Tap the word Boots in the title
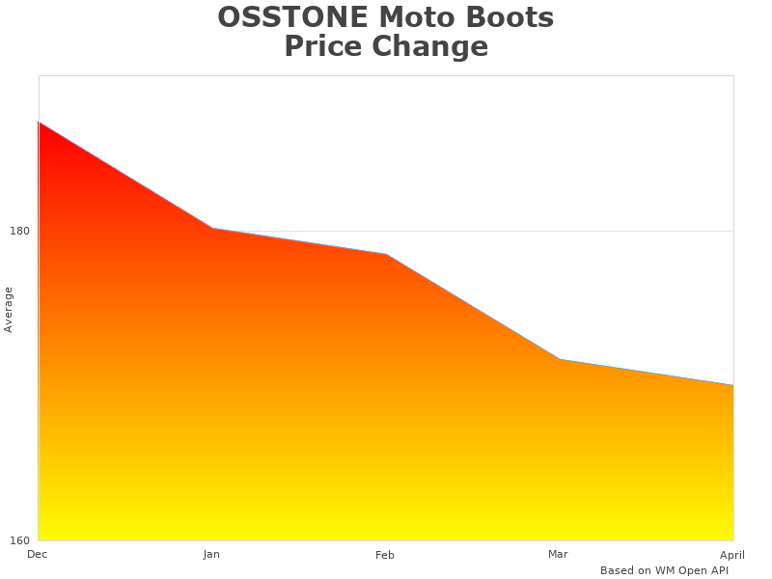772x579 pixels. click(512, 17)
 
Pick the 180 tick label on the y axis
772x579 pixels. click(20, 231)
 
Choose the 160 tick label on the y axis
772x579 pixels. click(20, 539)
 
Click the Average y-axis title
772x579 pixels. click(9, 309)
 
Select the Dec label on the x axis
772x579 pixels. click(38, 554)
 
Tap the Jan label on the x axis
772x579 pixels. click(211, 554)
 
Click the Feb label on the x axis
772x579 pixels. click(385, 555)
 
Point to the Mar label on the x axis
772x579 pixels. click(558, 554)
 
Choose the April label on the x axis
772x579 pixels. click(732, 554)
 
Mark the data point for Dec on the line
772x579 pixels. click(39, 123)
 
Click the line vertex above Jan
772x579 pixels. click(212, 229)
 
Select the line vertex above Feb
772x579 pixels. click(386, 255)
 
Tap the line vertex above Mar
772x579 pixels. click(560, 360)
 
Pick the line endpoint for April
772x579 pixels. click(732, 385)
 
